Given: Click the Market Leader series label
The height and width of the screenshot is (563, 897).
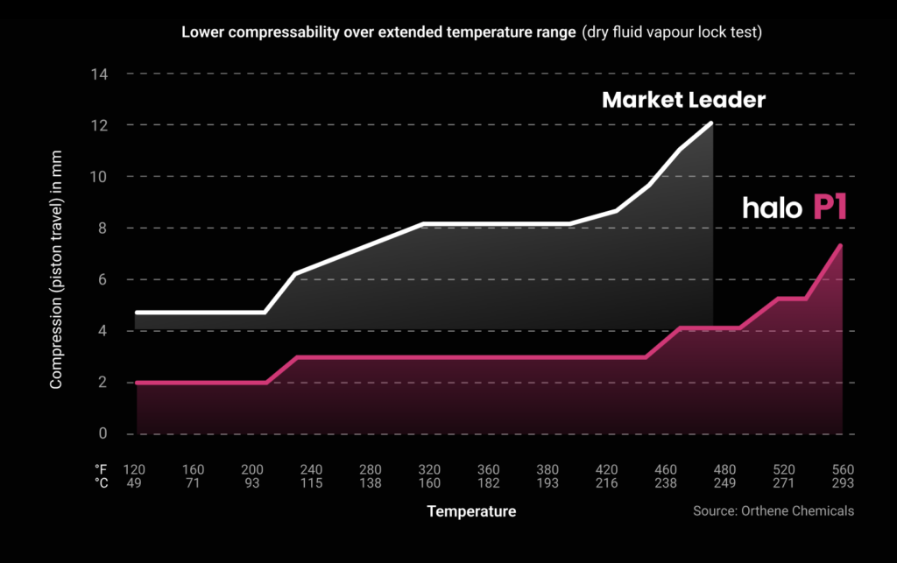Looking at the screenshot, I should point(683,101).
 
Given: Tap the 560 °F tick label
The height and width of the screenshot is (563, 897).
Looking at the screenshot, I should point(843,468).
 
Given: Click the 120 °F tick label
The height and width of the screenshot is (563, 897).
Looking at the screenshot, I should point(134,468).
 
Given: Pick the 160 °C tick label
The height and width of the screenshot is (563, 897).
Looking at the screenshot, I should point(429,482).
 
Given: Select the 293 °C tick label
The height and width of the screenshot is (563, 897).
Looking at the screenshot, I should point(843,482).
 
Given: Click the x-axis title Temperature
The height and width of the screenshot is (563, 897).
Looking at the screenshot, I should point(471,510).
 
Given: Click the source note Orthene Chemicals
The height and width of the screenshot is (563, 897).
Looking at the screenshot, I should point(773,510).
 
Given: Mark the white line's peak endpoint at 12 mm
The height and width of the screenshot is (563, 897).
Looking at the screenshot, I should point(711,123).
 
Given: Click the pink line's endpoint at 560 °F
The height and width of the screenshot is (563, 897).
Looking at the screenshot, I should point(841,246).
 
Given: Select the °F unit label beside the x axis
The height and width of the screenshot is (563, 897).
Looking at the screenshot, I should point(101,468).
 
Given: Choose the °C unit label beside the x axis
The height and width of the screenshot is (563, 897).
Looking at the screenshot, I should point(101,482).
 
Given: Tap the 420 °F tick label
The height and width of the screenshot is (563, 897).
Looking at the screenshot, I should point(605,468).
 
